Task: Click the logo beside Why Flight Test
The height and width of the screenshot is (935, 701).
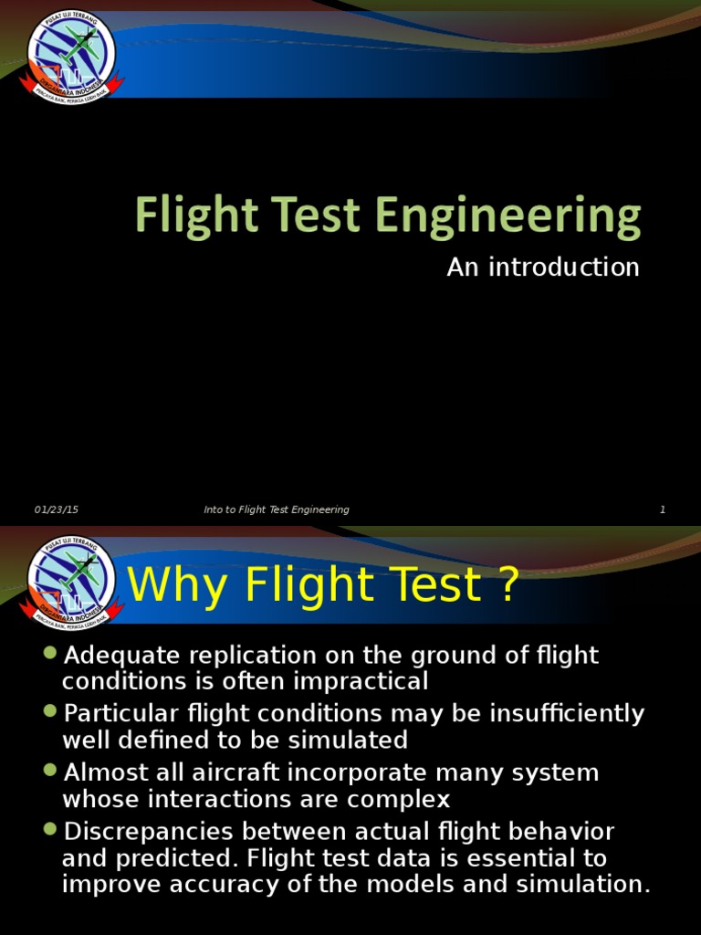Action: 72,581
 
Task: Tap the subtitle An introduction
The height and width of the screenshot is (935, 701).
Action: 543,267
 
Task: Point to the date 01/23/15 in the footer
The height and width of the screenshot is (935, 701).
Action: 57,510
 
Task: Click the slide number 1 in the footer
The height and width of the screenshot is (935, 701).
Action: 663,510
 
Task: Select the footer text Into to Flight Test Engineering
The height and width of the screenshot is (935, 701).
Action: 277,510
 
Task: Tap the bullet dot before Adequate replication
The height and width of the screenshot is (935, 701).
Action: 50,653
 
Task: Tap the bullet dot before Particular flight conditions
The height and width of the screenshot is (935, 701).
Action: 50,711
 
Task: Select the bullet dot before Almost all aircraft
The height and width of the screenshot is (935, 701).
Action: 50,771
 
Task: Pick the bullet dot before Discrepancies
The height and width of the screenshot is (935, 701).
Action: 50,829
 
